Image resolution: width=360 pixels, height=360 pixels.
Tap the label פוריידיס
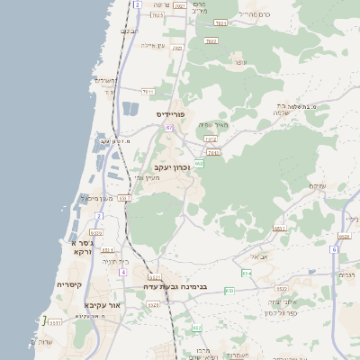click(x=170, y=114)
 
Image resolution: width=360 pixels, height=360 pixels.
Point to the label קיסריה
click(x=70, y=284)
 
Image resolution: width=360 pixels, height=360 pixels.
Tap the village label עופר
click(x=239, y=62)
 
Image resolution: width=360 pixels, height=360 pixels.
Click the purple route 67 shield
click(x=168, y=128)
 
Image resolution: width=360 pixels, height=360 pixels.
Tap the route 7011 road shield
click(x=148, y=91)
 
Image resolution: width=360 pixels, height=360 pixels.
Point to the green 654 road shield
click(x=246, y=272)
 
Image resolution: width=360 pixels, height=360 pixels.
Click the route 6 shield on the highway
click(x=332, y=249)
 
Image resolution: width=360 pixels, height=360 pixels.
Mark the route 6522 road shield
click(x=282, y=289)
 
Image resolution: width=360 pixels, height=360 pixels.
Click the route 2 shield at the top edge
click(x=137, y=4)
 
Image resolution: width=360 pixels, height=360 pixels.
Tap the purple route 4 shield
click(x=122, y=220)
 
